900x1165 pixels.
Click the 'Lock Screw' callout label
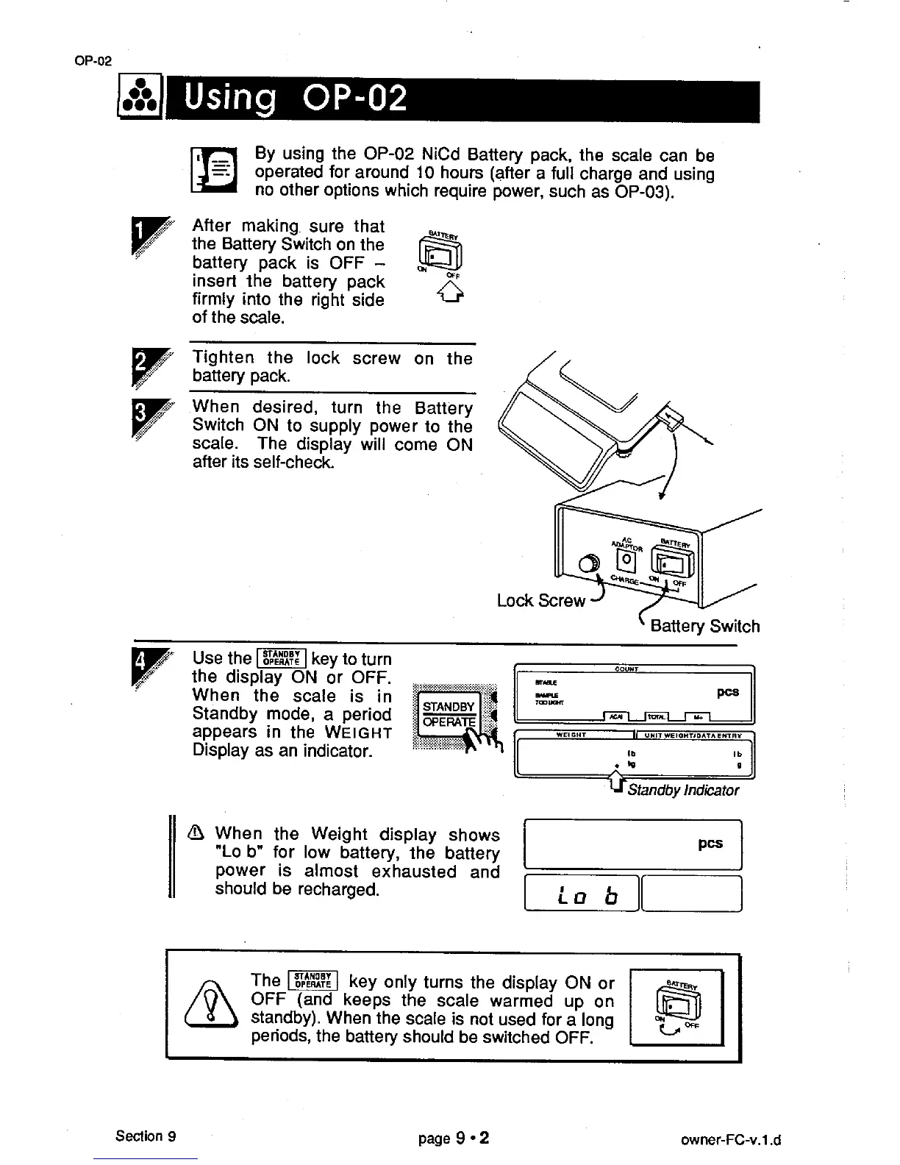[541, 601]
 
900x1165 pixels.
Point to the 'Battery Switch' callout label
[704, 627]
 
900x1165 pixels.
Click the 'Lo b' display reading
[588, 896]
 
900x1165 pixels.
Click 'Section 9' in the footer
[145, 1136]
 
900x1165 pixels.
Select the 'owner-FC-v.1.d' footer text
[730, 1141]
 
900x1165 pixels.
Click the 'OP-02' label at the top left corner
[93, 61]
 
